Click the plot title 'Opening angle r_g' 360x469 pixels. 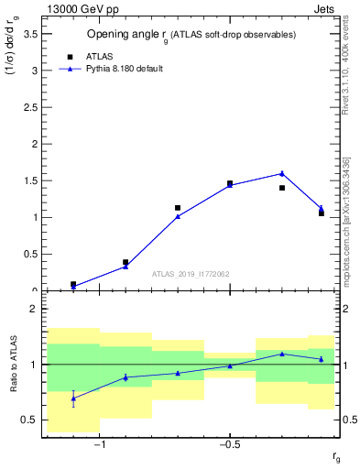point(191,35)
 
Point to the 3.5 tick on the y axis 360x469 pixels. point(27,33)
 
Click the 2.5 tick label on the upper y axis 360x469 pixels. point(27,107)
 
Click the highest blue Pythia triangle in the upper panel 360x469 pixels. point(282,173)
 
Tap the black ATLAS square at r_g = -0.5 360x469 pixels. point(230,183)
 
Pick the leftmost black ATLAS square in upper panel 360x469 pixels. point(73,284)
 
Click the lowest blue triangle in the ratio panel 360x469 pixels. point(73,398)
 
